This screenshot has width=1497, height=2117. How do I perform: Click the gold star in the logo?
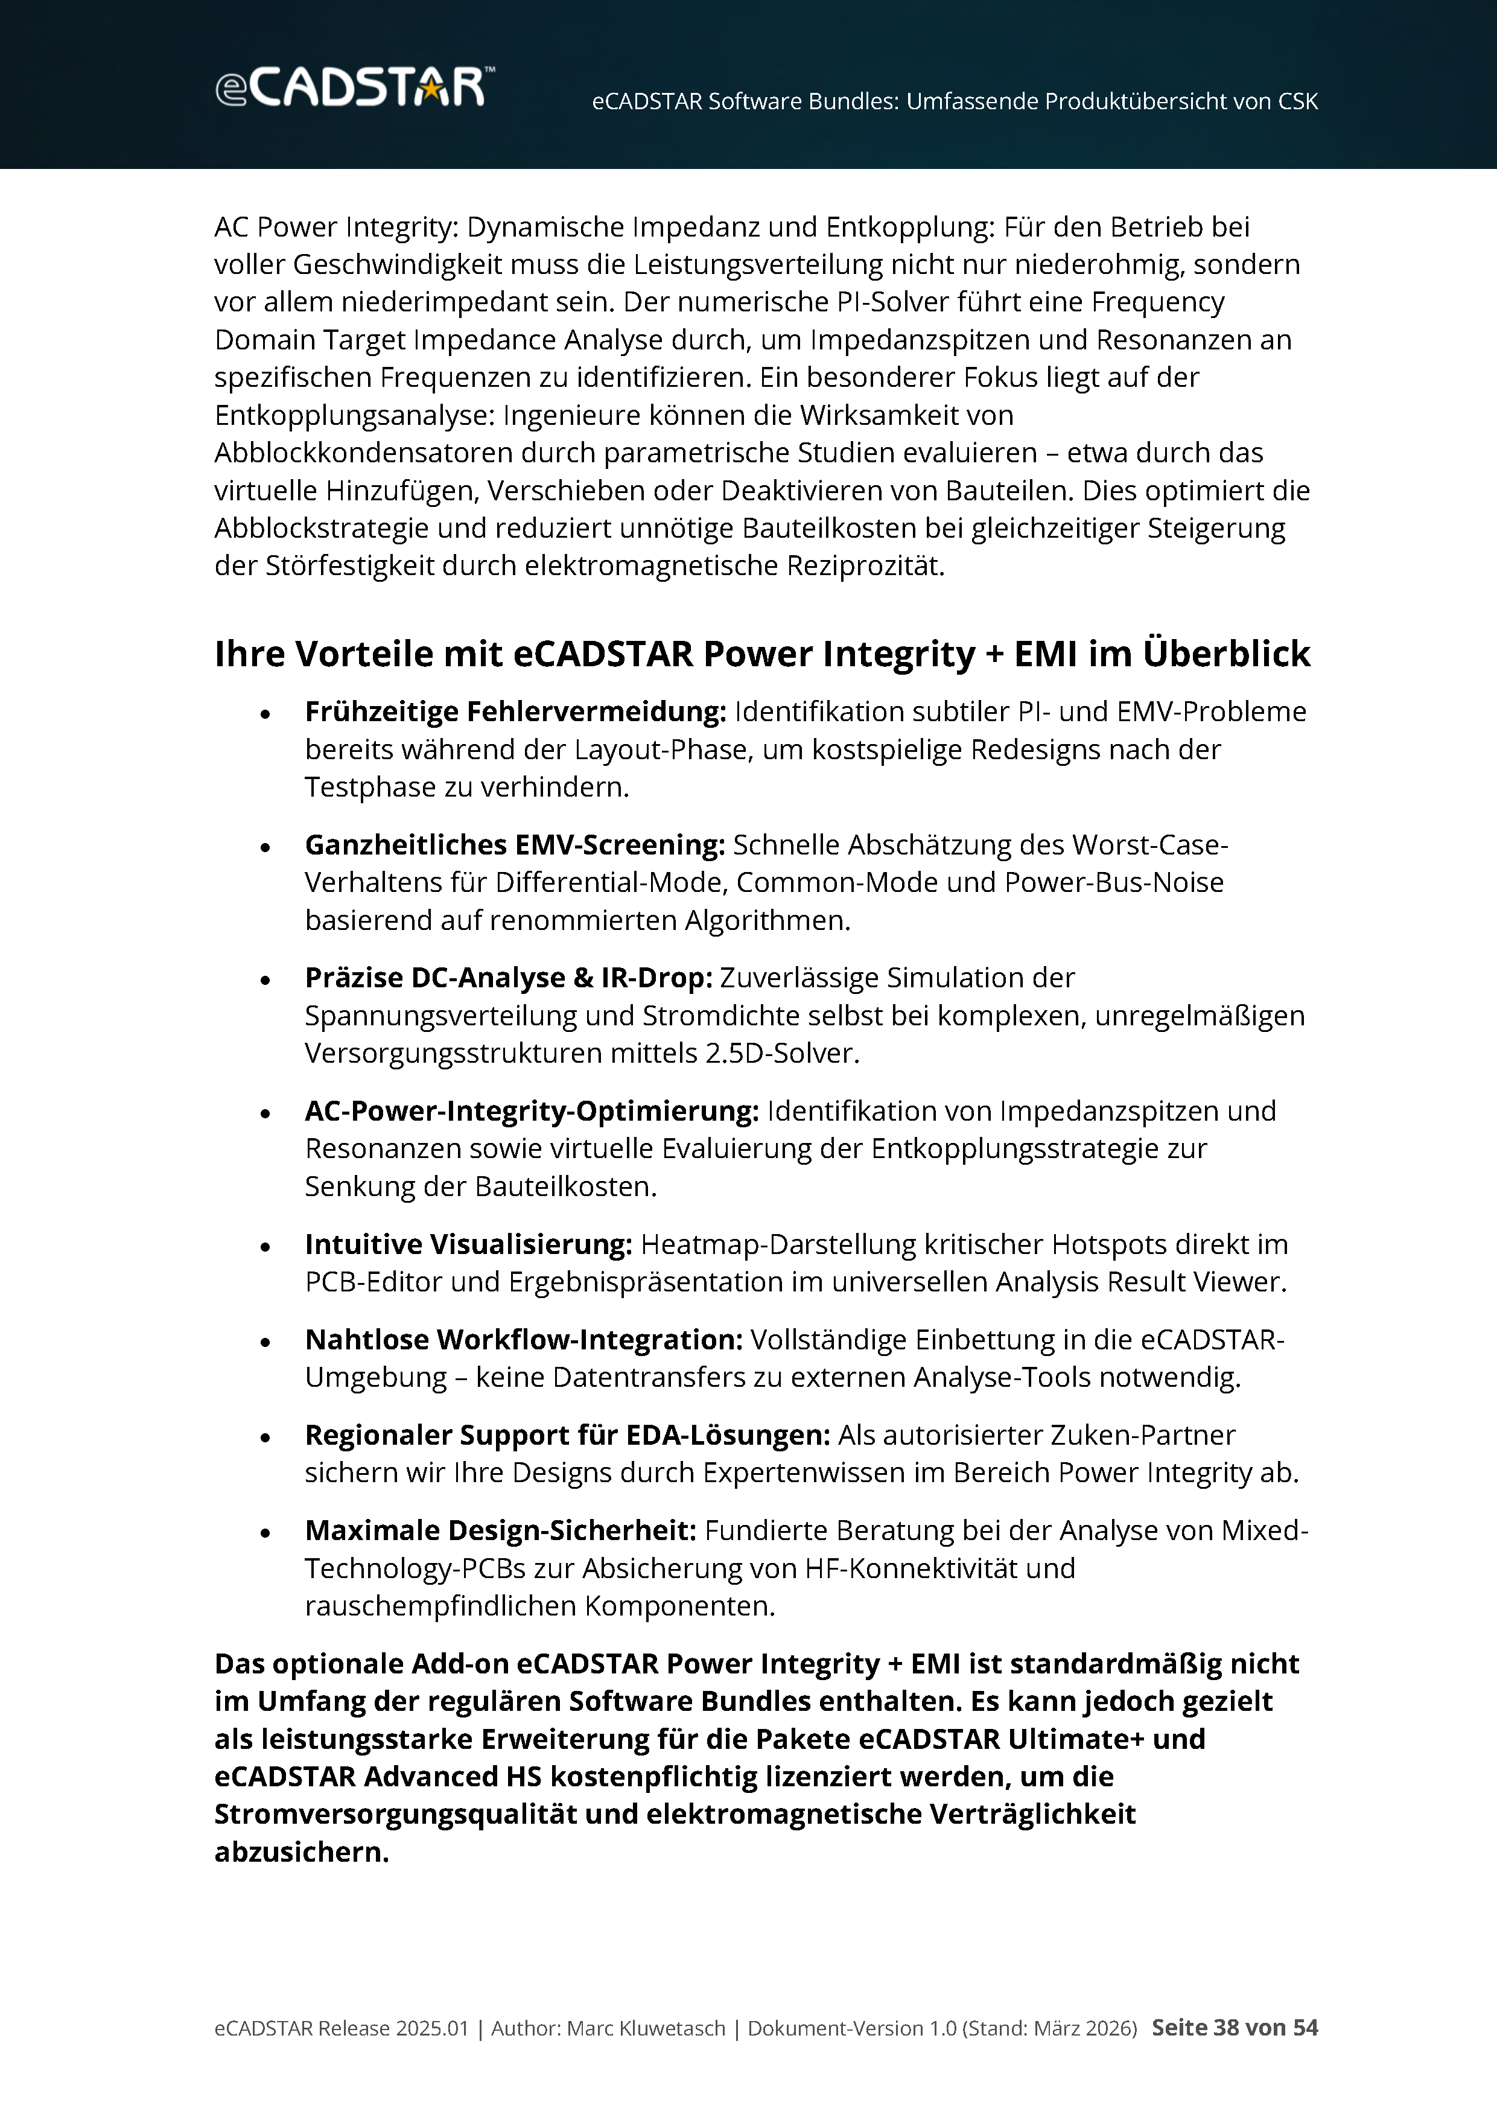point(430,89)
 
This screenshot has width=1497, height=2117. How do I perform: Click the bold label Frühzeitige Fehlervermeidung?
point(515,712)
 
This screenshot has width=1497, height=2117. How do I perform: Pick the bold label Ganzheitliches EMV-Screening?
point(514,845)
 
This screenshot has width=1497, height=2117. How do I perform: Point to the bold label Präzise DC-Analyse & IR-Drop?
point(508,978)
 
